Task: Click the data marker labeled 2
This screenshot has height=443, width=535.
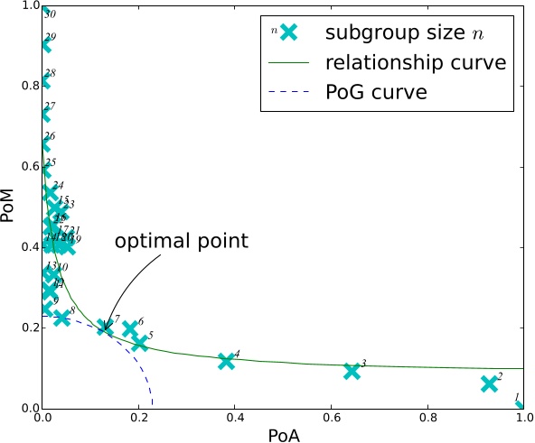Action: coord(489,383)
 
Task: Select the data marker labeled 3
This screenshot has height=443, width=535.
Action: coord(352,371)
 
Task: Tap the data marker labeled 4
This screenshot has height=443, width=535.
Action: coord(226,361)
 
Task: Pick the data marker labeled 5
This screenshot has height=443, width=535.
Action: coord(139,343)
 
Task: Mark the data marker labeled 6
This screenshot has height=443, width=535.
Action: coord(130,329)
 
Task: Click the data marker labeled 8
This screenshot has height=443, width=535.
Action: coord(61,318)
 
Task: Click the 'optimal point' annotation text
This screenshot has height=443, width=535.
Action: coord(180,242)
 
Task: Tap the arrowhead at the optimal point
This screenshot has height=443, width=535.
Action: coord(104,327)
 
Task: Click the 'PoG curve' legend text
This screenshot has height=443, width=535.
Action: coord(376,91)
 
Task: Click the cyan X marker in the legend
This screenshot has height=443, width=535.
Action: coord(288,32)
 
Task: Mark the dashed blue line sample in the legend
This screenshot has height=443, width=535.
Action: coord(288,91)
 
